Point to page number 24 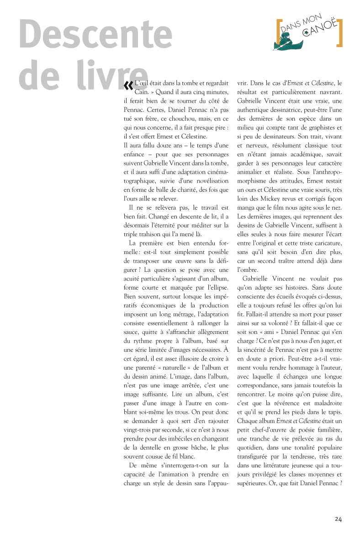pyautogui.click(x=338, y=519)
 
